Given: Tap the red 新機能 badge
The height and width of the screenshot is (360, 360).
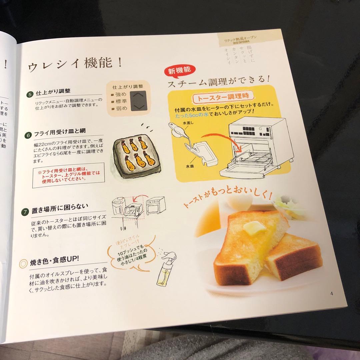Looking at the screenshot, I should point(180,70).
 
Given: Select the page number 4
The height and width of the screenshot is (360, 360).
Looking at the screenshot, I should point(332,293).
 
